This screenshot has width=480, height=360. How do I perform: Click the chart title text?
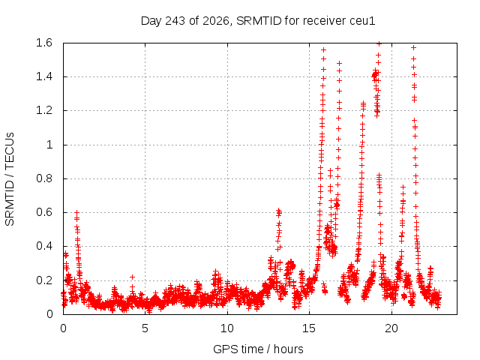point(258,21)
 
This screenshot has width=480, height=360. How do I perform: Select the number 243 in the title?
point(175,21)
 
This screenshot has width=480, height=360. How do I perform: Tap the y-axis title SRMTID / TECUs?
point(10,179)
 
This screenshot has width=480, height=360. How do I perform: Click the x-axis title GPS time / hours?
point(258,349)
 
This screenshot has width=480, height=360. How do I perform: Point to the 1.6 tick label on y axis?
point(44,43)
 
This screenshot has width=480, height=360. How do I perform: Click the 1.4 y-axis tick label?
point(44,76)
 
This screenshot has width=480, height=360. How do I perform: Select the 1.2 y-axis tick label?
point(44,110)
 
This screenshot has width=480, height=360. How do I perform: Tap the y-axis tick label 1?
point(49,145)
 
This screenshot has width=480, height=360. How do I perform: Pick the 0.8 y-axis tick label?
point(44,178)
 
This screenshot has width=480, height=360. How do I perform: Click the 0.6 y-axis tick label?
point(44,212)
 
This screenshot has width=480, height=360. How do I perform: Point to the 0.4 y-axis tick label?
point(44,246)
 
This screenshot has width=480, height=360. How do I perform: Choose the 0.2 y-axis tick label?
point(44,280)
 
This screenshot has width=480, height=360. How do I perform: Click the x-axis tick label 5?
point(145,328)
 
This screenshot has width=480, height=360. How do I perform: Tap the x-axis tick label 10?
point(227,328)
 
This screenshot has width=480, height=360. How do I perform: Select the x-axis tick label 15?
point(309,328)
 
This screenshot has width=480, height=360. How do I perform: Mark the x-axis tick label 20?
point(391,328)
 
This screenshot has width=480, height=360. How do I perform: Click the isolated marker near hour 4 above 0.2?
point(132,277)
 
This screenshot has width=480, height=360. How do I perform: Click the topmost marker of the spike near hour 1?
point(77,211)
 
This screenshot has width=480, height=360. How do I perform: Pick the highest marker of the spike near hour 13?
point(278,210)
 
